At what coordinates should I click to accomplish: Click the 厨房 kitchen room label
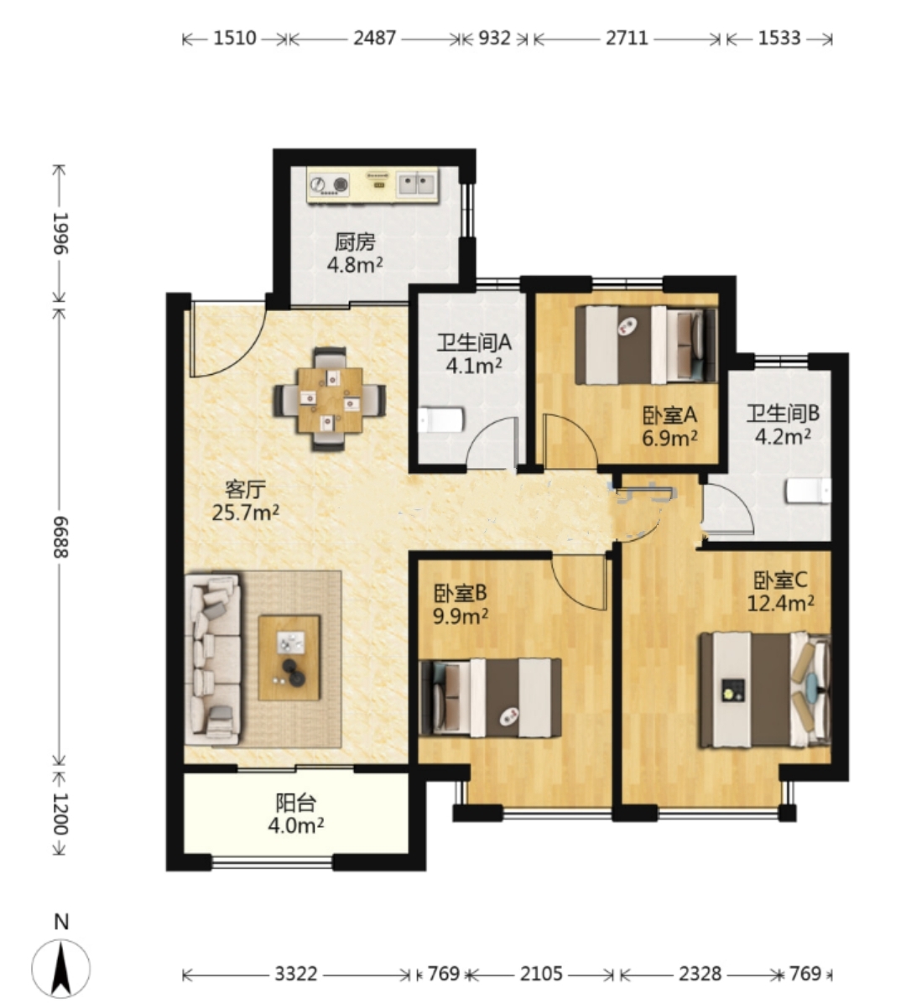tap(355, 242)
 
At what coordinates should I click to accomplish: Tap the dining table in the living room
tap(330, 400)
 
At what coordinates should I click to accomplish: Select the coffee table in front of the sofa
tap(289, 658)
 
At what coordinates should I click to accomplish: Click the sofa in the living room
tap(212, 659)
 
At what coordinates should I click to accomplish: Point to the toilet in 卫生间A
tap(440, 421)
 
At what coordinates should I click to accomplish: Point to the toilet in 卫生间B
tap(808, 492)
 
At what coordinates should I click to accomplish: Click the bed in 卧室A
tap(645, 345)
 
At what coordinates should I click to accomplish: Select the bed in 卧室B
tap(490, 698)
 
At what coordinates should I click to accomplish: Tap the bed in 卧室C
tap(765, 689)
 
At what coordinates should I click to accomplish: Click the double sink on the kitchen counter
tap(416, 185)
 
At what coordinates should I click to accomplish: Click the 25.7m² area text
tap(245, 512)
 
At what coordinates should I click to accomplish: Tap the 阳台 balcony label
tap(295, 803)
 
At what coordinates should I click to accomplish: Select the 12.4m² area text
tap(780, 602)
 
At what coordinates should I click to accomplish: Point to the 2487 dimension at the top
tap(375, 39)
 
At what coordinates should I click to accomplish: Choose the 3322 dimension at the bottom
tap(296, 974)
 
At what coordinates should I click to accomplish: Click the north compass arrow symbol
tap(61, 968)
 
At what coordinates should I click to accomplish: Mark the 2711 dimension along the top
tap(627, 39)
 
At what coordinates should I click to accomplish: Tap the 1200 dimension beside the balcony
tap(60, 814)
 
